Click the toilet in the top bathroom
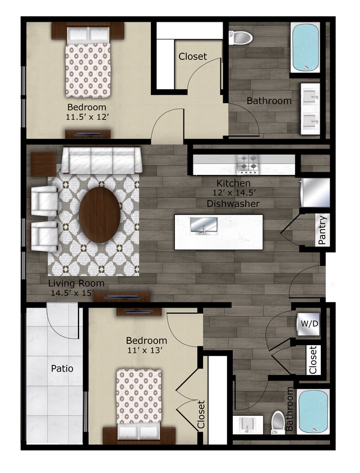coord(242,38)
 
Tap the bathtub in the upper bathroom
coord(305,47)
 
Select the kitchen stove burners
coord(248,164)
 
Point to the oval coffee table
coord(99,214)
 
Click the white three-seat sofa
coord(101,160)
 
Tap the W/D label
coord(307,324)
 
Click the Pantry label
coord(322,230)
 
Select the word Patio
coord(62,369)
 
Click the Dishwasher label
coord(233,203)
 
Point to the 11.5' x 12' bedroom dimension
coord(86,118)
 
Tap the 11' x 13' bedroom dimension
coord(146,350)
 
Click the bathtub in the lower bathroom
coord(312,411)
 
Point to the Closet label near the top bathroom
coord(193,56)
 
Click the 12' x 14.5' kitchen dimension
coord(233,193)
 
